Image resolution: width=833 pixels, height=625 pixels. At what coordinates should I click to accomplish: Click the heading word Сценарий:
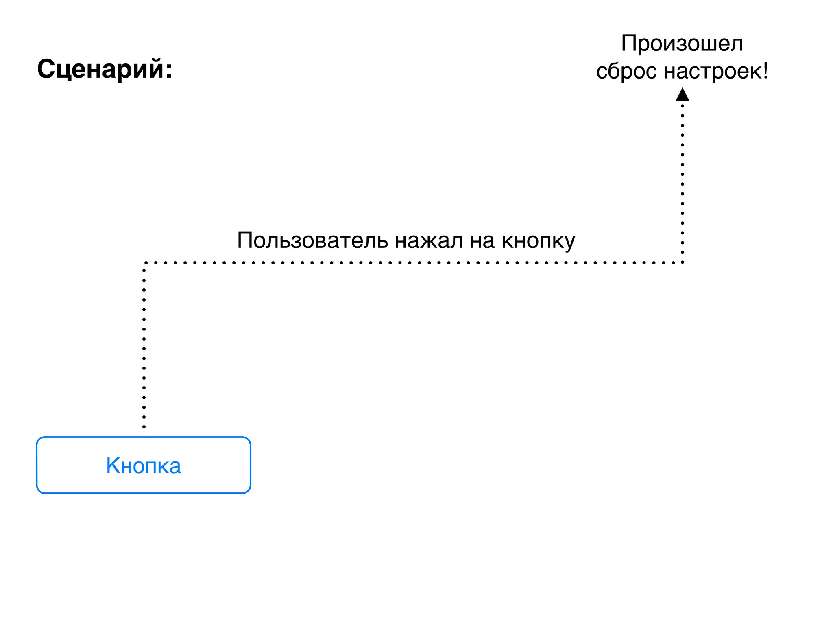tap(105, 69)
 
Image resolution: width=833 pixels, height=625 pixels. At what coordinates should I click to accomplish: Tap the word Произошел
tap(682, 43)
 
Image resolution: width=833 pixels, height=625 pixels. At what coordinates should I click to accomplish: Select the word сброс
tap(626, 71)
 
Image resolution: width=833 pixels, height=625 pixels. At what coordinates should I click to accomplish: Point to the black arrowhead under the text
tap(682, 94)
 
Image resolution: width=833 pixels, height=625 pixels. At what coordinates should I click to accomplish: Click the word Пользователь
tap(312, 240)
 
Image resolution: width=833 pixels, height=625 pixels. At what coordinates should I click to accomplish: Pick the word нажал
tap(429, 240)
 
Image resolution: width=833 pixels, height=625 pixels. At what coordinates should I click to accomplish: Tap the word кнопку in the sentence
tap(538, 240)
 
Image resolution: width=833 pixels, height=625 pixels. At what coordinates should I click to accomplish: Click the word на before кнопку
tap(482, 240)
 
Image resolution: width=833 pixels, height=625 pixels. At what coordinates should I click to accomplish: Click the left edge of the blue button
tap(37, 465)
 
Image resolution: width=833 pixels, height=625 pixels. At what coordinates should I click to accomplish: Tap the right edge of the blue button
tap(250, 465)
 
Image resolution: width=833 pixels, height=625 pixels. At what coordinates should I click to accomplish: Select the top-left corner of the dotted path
tap(145, 263)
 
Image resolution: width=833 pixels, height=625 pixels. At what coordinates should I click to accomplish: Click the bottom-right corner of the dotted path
tap(682, 262)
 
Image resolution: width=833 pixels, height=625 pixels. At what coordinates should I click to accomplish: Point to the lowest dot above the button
tap(144, 427)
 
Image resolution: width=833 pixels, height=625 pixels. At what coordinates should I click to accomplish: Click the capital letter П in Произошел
tap(629, 43)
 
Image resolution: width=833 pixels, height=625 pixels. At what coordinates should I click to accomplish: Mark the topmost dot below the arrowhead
tap(682, 106)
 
